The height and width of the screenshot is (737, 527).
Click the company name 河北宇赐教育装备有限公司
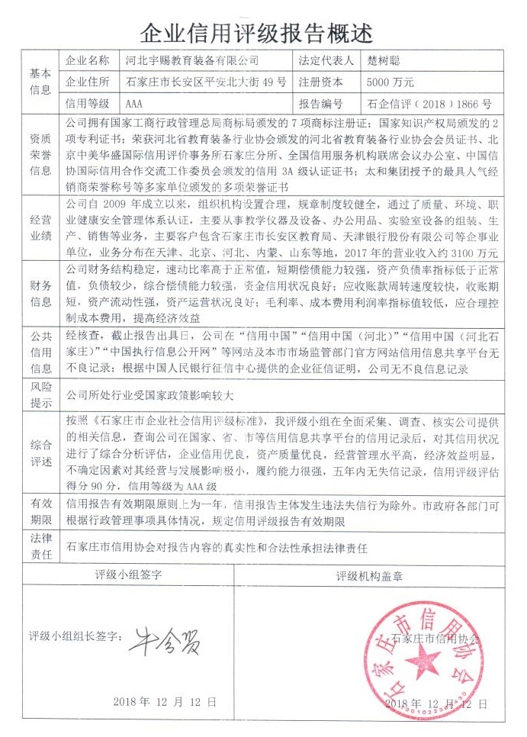[191, 60]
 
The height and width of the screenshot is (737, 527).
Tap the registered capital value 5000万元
[390, 82]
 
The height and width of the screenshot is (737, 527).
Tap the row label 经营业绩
[40, 225]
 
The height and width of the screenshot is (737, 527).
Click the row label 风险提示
[40, 394]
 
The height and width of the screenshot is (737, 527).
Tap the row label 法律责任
[40, 547]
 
